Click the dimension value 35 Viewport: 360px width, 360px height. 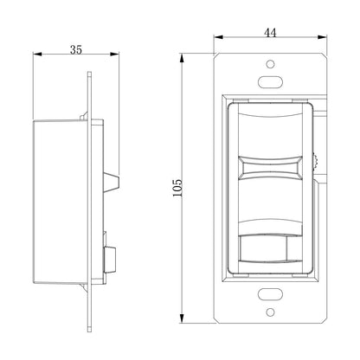[x=76, y=50]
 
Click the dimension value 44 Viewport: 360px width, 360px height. [x=270, y=33]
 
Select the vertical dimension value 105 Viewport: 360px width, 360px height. [x=177, y=188]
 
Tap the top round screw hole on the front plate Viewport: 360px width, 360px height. [x=270, y=64]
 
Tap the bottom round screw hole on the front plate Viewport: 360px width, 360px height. [x=270, y=312]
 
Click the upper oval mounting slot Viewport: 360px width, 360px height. [x=270, y=82]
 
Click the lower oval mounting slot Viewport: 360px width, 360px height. [x=270, y=294]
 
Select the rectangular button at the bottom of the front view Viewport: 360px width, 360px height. [x=263, y=248]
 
